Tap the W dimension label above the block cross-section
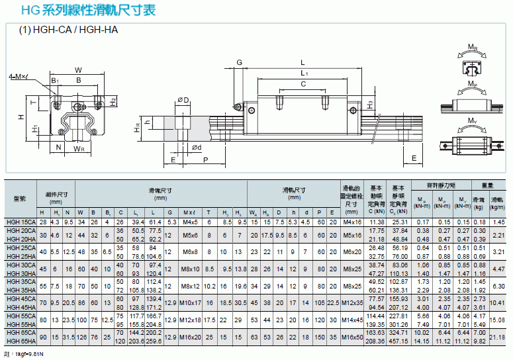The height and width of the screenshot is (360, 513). pos(78,69)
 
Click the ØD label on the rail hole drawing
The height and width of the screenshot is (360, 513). pos(183,99)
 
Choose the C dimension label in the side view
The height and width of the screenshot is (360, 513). pos(303,85)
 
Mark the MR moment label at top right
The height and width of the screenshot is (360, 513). pos(473,48)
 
